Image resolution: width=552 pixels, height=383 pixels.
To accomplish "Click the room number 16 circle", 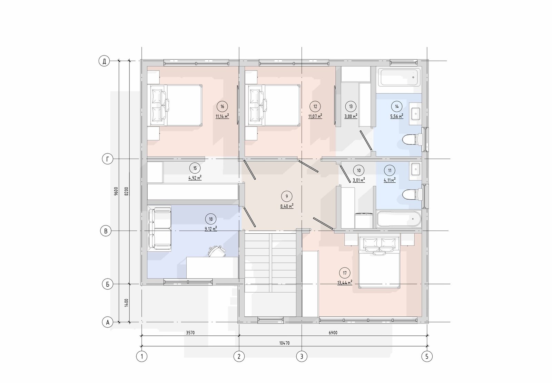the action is tap(222, 107).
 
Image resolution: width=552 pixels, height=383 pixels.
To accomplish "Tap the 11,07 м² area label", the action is tap(315, 116).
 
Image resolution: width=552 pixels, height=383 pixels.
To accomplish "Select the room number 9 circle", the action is tap(287, 196).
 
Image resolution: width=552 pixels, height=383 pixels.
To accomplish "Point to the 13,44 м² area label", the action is tap(345, 282).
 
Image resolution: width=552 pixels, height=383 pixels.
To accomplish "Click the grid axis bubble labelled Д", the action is tap(104, 61).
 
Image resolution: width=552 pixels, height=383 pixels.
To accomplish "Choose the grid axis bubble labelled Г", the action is tap(107, 159).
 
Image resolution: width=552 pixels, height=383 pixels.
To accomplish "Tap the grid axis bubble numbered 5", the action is tap(427, 356).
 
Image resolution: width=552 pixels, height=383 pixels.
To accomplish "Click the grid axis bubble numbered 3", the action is tap(302, 356).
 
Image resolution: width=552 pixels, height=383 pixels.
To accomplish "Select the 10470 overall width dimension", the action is tap(284, 343).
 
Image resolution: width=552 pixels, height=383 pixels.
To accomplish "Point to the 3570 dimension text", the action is tap(190, 333).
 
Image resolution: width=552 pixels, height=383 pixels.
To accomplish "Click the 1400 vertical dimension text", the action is tap(126, 303).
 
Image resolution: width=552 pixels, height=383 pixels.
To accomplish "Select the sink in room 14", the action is tap(415, 114).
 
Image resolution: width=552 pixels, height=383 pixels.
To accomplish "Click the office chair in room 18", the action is tap(217, 251).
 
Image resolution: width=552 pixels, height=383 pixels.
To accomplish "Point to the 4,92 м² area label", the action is tap(195, 178).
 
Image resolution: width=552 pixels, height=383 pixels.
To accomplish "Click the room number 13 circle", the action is tap(351, 107).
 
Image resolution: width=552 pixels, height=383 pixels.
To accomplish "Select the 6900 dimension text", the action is tap(333, 333).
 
